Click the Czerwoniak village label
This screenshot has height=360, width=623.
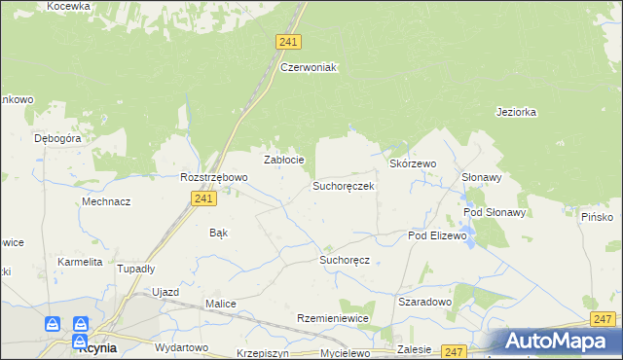click(x=308, y=67)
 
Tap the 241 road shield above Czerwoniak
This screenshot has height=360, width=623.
click(x=288, y=42)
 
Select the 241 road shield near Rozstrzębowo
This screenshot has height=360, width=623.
click(x=202, y=198)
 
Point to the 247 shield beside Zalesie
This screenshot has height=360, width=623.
click(x=454, y=351)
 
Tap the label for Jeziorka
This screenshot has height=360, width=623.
click(x=516, y=112)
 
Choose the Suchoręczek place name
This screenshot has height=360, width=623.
click(x=343, y=185)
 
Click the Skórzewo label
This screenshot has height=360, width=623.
click(x=413, y=164)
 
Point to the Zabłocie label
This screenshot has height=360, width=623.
click(x=285, y=160)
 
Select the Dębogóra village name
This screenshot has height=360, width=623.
click(x=56, y=138)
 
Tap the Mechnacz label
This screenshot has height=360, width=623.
click(x=106, y=201)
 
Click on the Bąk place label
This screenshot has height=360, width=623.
click(x=219, y=233)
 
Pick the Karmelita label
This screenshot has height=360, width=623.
click(x=80, y=262)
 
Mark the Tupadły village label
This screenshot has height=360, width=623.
click(x=136, y=268)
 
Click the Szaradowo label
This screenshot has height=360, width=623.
click(x=425, y=302)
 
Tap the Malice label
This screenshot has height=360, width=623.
click(x=220, y=304)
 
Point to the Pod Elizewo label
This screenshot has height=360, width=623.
click(x=438, y=235)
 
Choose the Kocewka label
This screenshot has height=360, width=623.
click(x=68, y=6)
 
